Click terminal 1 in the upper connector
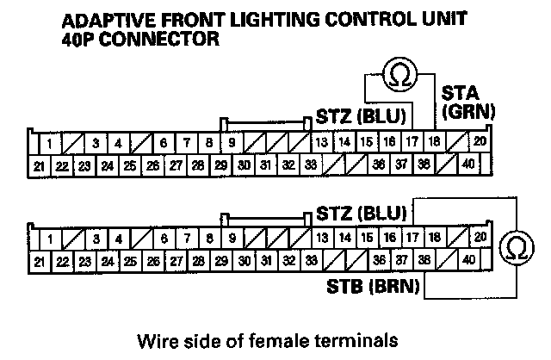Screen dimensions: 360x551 point(51,143)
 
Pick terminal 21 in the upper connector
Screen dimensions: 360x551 point(40,164)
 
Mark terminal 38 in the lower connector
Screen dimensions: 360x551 point(424,259)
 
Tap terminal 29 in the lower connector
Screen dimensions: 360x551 point(220,260)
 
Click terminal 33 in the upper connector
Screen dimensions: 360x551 point(311,164)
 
